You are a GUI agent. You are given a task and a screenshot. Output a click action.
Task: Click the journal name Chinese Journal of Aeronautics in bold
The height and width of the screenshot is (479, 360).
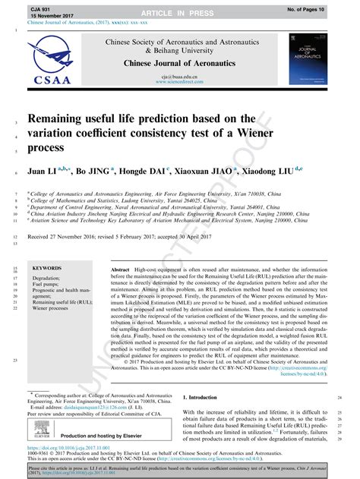click(179, 64)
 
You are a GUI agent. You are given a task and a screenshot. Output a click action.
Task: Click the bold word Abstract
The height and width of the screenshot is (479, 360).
click(121, 270)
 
